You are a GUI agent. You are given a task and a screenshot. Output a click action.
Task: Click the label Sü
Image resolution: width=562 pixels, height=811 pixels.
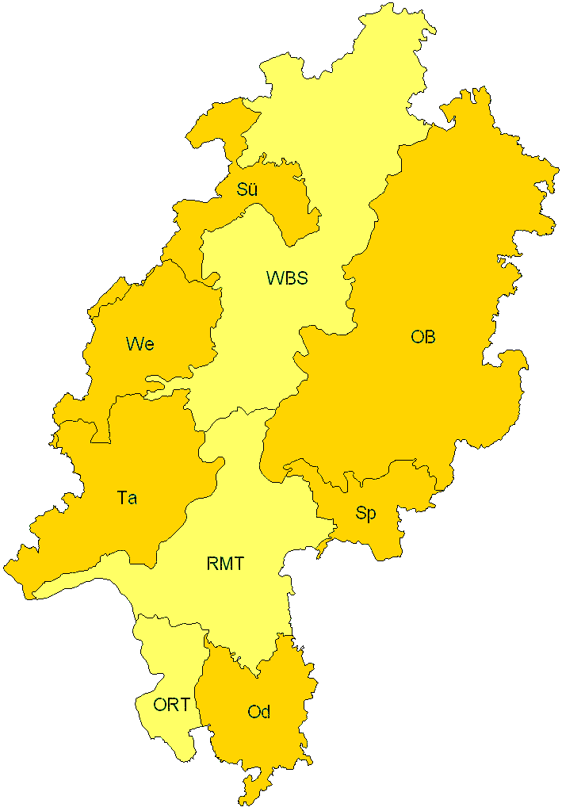pos(247,189)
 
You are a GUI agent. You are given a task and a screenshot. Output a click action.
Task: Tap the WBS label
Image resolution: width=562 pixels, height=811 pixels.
pos(286,278)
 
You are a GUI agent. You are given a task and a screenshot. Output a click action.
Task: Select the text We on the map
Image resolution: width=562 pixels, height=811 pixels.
pos(140,344)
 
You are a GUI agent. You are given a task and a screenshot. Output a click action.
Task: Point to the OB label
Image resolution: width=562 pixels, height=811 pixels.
pos(423,337)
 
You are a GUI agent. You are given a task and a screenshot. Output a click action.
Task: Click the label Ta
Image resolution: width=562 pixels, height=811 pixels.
pos(127,498)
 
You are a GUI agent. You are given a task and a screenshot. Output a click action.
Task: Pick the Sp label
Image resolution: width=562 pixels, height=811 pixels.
pos(365,514)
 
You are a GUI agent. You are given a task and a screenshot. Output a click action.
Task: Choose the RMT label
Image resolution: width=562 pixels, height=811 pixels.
pos(225,564)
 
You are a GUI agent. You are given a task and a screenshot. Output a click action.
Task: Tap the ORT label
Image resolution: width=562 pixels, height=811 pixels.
pos(171,704)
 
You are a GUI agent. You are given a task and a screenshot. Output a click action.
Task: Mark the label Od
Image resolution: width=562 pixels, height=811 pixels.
pos(258,712)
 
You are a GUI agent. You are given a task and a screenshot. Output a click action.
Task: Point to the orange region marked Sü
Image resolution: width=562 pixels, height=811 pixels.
pos(277,206)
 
